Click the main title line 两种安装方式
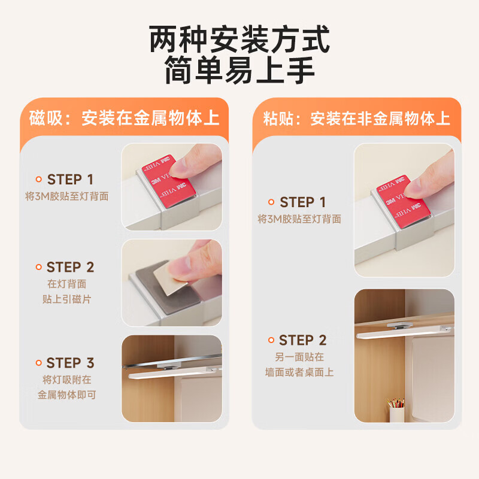coord(239,39)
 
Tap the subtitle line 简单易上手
coord(239,69)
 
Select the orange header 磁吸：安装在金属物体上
coord(125,118)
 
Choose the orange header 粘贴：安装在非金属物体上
coord(356,119)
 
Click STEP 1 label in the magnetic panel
coord(70,180)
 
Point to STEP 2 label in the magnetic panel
coord(70,267)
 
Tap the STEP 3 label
coord(70,363)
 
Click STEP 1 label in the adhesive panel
coord(303,202)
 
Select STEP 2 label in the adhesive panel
coord(303,340)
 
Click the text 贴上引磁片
coord(67,299)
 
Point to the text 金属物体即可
coord(67,395)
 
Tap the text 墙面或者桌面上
coord(299,372)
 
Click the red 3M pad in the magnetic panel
coord(169,181)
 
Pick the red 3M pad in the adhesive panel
coord(402,202)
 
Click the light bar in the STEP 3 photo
coord(174,373)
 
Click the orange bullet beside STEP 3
coord(38,363)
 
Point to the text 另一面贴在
coord(299,357)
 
